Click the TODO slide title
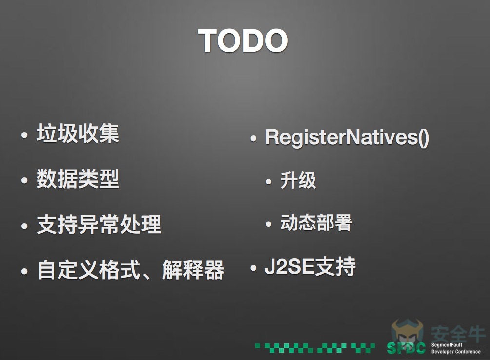(x=243, y=40)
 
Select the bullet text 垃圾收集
(x=78, y=133)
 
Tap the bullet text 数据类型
(x=78, y=179)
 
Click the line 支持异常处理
(x=99, y=225)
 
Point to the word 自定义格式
(x=89, y=270)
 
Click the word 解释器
(x=193, y=270)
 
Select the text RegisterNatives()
(x=347, y=137)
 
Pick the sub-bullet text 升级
(x=298, y=180)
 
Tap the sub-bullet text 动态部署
(x=316, y=223)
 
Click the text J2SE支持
(x=310, y=267)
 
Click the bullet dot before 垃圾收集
(x=24, y=135)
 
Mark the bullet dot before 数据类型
(x=24, y=181)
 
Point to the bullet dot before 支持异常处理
(x=24, y=226)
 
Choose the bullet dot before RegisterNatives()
(x=254, y=139)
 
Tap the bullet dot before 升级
(x=269, y=182)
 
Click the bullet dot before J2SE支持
(x=254, y=268)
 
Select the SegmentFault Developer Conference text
(x=455, y=348)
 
